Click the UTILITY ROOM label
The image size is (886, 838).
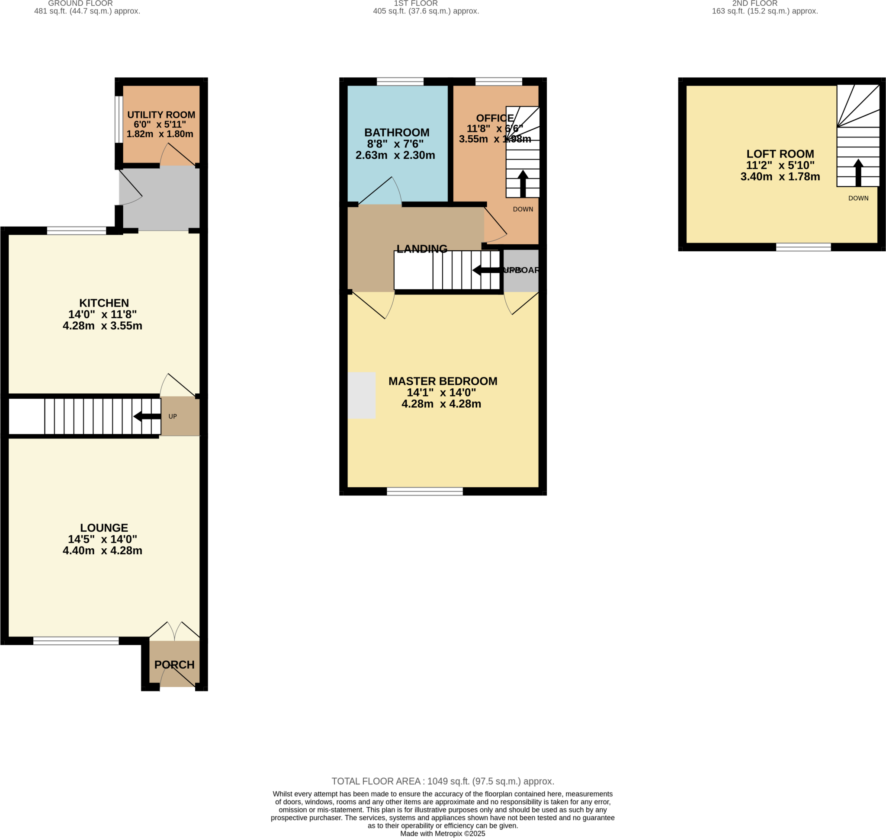click(161, 115)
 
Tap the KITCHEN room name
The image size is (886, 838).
click(104, 303)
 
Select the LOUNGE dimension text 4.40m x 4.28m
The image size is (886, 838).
click(103, 550)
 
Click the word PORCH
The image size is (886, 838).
click(174, 665)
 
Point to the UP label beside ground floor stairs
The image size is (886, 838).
click(173, 416)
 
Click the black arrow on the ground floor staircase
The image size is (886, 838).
click(147, 416)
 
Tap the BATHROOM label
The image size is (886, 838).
click(397, 133)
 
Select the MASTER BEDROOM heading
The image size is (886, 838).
click(442, 381)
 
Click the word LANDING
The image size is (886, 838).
click(422, 249)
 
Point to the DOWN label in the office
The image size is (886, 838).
click(523, 209)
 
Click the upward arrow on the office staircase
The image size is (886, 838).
click(523, 183)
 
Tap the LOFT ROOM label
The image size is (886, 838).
click(780, 154)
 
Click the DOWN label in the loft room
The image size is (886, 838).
click(858, 198)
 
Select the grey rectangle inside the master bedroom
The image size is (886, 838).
click(362, 395)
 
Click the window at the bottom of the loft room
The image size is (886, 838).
click(803, 247)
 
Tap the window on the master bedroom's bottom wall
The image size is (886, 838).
click(424, 491)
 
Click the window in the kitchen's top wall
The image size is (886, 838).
click(77, 230)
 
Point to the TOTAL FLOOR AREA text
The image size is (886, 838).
click(442, 781)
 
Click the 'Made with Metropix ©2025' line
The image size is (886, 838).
click(442, 834)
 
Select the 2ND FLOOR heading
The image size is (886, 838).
click(754, 3)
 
